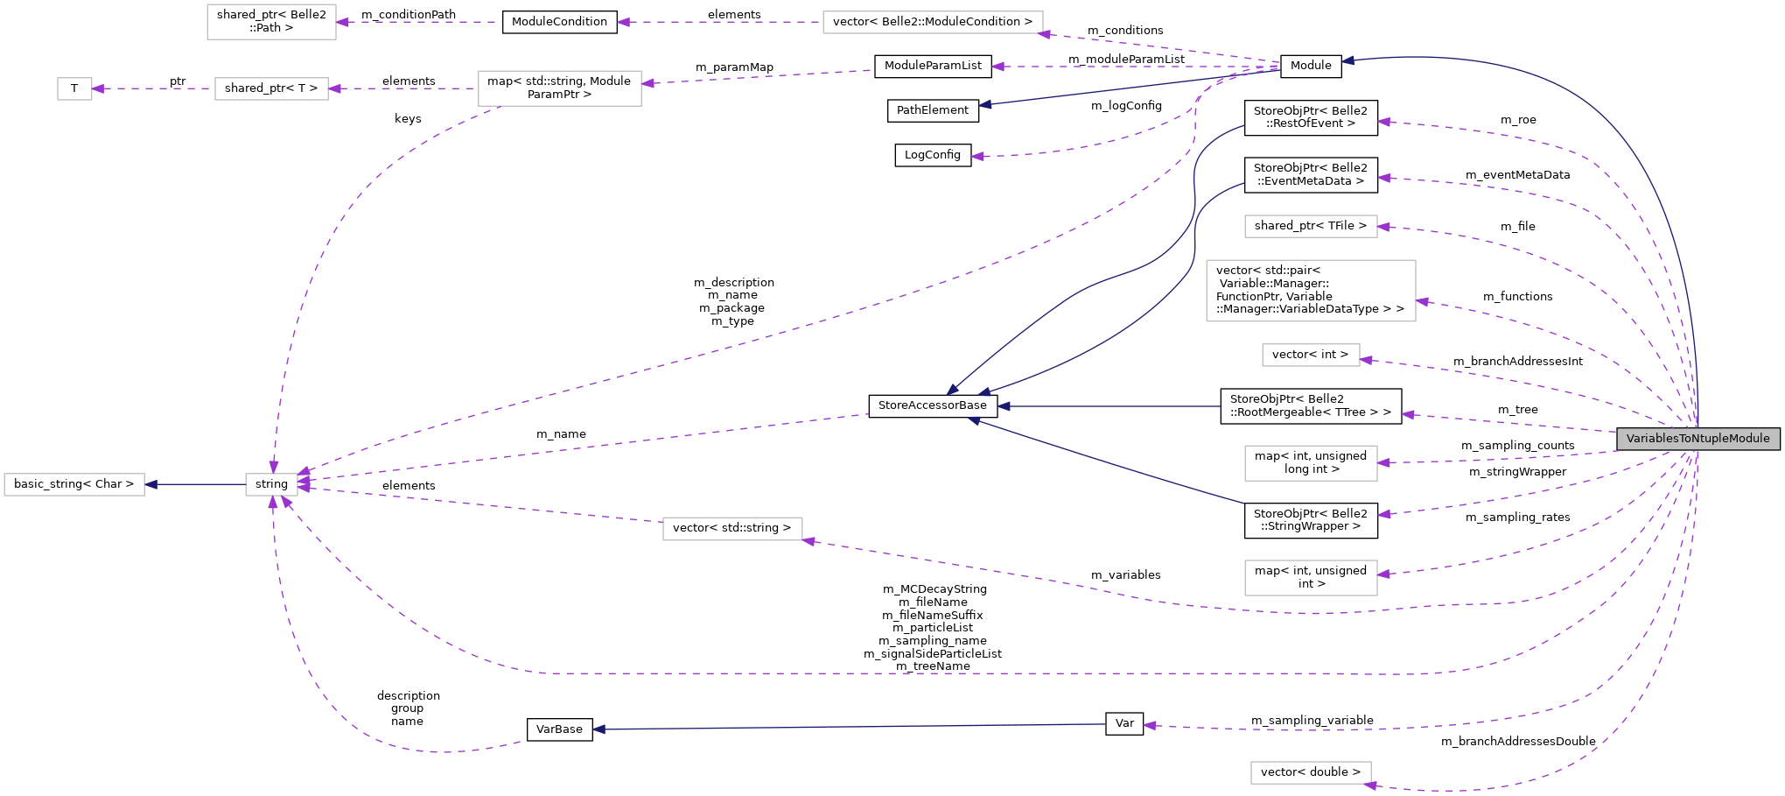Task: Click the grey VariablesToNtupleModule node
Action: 1697,439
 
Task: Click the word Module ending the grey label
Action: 1749,439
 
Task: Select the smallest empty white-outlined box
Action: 74,88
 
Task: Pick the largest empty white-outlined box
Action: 1311,291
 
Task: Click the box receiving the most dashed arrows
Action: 271,484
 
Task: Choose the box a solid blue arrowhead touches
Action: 74,484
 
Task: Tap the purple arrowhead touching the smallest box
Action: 98,88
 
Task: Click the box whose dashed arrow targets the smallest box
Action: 271,88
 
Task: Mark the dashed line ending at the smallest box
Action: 153,88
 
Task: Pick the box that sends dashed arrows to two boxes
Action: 560,88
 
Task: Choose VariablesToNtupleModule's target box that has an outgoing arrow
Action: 732,529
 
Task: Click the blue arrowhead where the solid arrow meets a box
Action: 151,484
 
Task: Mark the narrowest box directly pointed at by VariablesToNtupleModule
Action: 1311,355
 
